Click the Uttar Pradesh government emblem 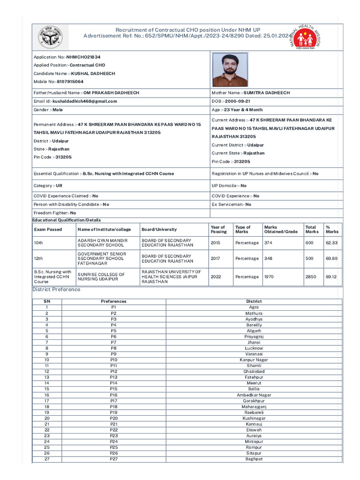[x=52, y=37]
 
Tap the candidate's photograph [x=230, y=69]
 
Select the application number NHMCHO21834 [x=83, y=57]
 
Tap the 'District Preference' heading [x=56, y=289]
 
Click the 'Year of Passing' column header [x=218, y=229]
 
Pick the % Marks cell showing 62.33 [x=331, y=243]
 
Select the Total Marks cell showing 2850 [x=311, y=277]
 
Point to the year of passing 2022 [x=216, y=277]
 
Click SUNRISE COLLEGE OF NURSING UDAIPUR [x=101, y=277]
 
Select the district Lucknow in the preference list [x=254, y=348]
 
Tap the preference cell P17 [x=113, y=401]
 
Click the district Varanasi [x=254, y=354]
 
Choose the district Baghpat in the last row [x=254, y=459]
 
